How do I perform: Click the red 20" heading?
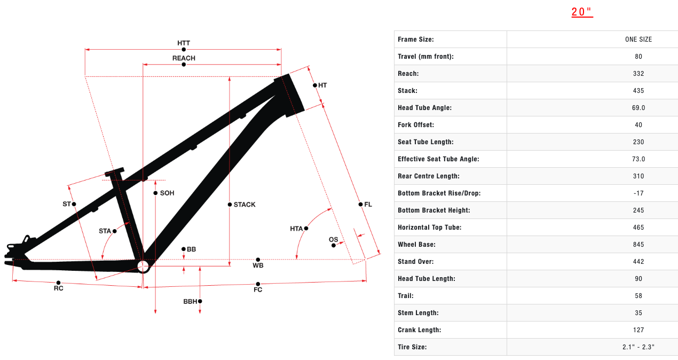582,12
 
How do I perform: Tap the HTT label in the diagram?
184,43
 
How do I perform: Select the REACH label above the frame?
184,58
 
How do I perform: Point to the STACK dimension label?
245,205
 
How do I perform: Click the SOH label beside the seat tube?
167,193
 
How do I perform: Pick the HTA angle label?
296,229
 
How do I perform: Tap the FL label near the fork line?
368,204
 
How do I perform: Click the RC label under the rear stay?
59,288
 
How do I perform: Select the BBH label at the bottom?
190,301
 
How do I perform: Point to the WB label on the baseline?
258,265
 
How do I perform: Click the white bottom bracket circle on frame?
143,266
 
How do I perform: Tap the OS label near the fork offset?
333,239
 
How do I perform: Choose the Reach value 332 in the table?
638,74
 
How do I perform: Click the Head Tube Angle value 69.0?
638,108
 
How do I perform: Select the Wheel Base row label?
416,245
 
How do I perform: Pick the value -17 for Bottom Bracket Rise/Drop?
638,193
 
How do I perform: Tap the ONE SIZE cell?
638,40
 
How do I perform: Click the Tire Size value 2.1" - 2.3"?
638,347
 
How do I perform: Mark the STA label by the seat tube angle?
105,231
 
